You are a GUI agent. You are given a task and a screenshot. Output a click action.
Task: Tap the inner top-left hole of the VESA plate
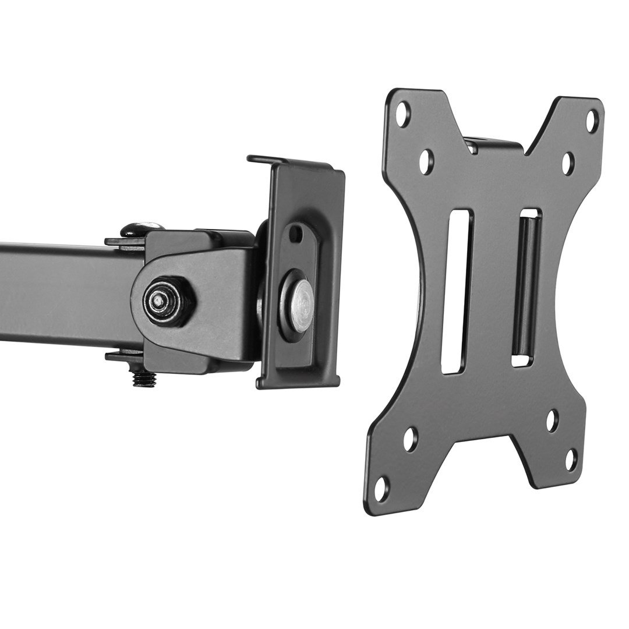426,161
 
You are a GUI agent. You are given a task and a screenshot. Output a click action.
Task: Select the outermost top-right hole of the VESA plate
592,121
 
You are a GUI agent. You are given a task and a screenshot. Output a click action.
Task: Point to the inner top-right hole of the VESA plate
568,164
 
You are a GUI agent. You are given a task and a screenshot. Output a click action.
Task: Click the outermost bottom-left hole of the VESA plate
380,488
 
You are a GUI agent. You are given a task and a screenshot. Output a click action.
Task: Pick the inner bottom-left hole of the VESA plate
411,439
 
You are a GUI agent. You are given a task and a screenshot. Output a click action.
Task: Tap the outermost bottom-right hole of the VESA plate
572,460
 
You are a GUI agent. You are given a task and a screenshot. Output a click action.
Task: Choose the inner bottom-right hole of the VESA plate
552,420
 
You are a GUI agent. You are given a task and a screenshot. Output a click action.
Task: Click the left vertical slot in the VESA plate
457,291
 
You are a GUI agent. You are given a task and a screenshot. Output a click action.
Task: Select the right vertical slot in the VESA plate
526,288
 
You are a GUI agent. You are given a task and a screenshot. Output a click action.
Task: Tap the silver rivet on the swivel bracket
296,305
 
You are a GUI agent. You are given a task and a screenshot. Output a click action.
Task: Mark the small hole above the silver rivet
296,234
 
